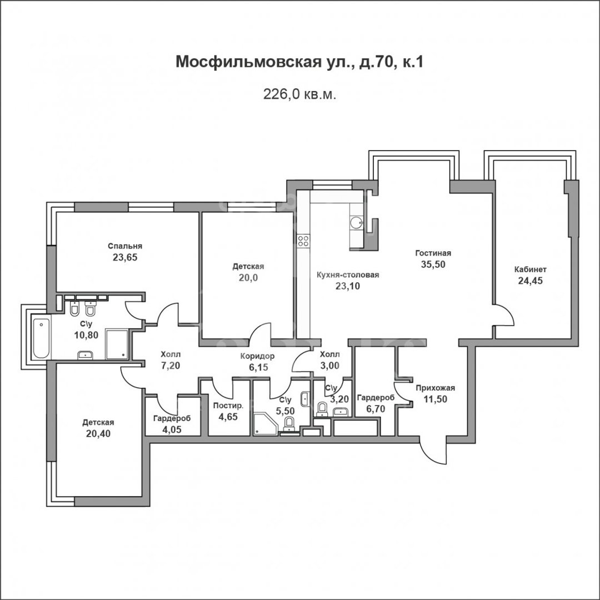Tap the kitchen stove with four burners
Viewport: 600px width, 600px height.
[303, 241]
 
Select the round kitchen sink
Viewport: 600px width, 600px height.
[356, 222]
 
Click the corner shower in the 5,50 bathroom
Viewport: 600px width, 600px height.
[264, 423]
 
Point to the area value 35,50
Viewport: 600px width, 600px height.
[433, 264]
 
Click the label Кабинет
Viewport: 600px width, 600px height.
[531, 269]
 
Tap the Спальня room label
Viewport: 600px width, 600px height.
[125, 246]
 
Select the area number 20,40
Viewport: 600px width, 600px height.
[98, 433]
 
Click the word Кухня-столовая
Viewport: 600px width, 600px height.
[348, 275]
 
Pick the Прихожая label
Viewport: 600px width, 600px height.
[436, 388]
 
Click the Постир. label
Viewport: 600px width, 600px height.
[228, 406]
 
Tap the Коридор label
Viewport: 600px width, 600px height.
[257, 356]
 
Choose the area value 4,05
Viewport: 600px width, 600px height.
[172, 429]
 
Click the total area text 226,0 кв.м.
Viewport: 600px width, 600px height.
[299, 94]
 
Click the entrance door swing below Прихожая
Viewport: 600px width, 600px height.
[433, 452]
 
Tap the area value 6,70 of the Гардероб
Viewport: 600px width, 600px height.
[376, 409]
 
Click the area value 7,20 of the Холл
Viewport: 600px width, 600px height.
[171, 366]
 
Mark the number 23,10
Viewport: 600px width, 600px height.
[347, 286]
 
